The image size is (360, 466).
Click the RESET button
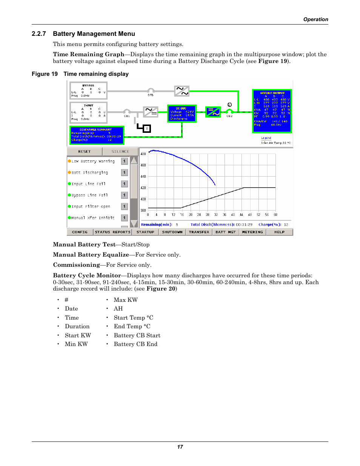[84, 152]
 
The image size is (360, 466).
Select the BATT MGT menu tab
[226, 232]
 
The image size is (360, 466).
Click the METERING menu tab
[252, 232]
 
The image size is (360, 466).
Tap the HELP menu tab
[279, 232]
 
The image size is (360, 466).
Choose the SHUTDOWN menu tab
[172, 232]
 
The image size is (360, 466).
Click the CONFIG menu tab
[80, 232]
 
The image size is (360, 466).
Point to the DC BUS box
[182, 114]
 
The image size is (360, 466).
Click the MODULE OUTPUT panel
[272, 111]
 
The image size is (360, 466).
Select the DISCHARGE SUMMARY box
[97, 135]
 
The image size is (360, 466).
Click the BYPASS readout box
[88, 91]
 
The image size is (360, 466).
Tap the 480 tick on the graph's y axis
[143, 154]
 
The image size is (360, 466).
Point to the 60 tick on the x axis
[275, 215]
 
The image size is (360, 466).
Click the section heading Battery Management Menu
[94, 34]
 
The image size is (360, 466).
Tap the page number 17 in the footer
[180, 447]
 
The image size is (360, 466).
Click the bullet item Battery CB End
[135, 344]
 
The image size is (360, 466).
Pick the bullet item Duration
[77, 326]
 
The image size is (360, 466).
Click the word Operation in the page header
[315, 20]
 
